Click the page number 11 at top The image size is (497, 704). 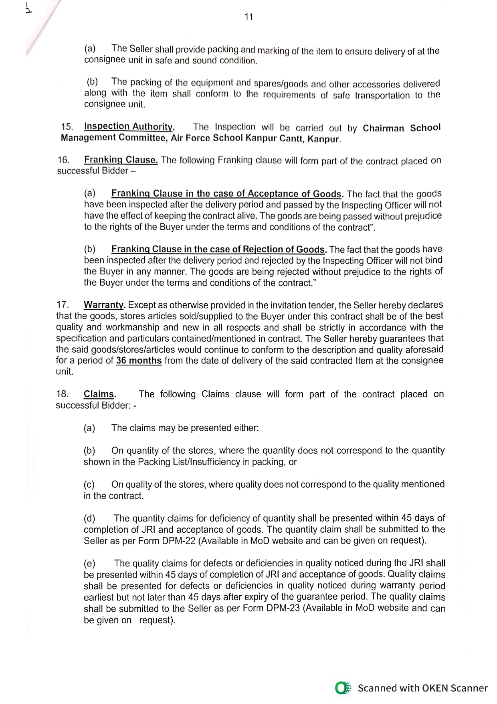coord(248,17)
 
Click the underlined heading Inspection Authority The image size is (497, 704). coord(129,127)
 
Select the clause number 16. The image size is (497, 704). coord(63,160)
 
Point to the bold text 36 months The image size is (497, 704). coord(139,361)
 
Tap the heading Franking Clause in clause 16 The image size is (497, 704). coord(121,160)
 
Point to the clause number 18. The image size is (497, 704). coord(62,394)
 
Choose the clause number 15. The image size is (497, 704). coord(67,127)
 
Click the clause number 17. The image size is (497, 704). coord(62,305)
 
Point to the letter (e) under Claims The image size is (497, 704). coord(90,564)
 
